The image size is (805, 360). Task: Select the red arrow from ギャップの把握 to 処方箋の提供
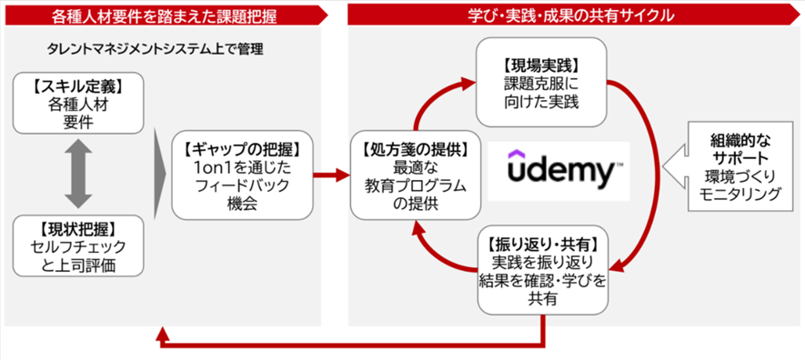[331, 174]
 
